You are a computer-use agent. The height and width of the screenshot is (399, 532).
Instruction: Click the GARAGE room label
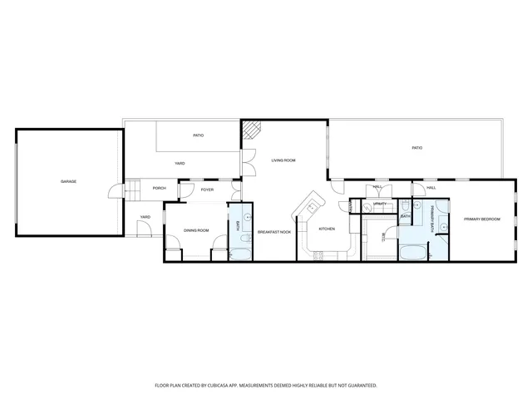pos(68,181)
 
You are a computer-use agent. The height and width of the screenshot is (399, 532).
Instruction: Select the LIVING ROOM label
pos(283,160)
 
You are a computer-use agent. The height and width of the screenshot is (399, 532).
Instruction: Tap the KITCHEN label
pos(327,229)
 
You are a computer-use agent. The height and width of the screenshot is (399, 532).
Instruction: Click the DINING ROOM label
pos(196,230)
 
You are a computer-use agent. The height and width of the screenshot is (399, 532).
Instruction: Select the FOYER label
pos(207,190)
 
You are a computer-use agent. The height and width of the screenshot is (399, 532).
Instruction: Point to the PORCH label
pos(159,188)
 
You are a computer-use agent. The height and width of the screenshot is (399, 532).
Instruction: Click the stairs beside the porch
pos(132,190)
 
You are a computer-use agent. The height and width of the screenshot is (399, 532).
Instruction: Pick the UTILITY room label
pos(381,204)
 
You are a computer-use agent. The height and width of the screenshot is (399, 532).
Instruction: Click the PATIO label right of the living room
pos(416,148)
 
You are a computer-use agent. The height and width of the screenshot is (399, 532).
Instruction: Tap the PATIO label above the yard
pos(198,135)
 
